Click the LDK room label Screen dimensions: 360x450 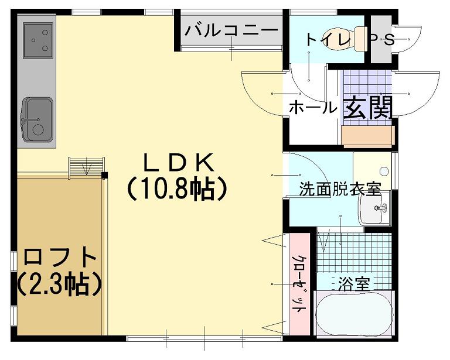coord(177,162)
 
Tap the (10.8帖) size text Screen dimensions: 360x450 coord(177,188)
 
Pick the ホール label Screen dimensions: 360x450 coord(313,108)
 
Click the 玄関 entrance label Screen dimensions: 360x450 coord(367,108)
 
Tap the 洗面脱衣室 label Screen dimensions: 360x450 coord(340,189)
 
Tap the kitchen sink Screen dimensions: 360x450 coord(38,119)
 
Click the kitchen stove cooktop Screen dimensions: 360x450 coord(39,40)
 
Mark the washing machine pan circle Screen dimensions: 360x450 coord(384,172)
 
